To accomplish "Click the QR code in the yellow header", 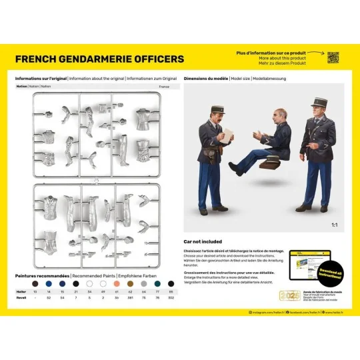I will point(333,58).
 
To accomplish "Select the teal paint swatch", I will point(157,283).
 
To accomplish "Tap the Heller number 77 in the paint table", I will point(157,291).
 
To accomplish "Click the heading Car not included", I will point(203,243).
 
